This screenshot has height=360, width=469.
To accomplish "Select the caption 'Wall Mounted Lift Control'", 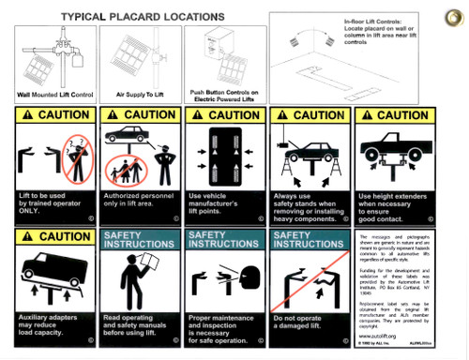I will point(55,95).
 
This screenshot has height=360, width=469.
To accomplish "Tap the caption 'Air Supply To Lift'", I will point(139,95).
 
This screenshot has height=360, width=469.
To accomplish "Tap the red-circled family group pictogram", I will point(129,170).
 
